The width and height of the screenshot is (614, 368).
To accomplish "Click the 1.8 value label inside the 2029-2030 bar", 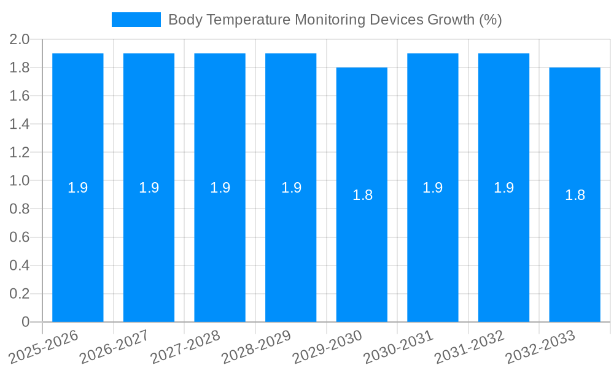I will (x=362, y=195).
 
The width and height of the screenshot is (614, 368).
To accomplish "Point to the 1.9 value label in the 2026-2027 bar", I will (x=149, y=188).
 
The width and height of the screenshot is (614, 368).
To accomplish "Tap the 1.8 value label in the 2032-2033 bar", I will (x=575, y=195).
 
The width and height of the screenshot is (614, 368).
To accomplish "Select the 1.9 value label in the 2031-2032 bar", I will (x=503, y=188).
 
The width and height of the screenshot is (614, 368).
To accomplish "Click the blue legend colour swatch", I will (x=136, y=20).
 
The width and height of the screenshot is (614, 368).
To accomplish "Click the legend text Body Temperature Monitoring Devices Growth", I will (x=335, y=20).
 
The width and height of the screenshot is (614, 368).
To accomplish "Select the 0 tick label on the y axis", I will (x=25, y=322).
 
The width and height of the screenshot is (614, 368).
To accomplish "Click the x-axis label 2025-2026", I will (x=44, y=346).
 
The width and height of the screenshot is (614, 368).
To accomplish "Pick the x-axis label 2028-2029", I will (x=257, y=346).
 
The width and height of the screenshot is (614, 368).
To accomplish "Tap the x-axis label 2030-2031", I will (x=399, y=346).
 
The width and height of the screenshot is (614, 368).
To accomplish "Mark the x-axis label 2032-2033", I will (x=541, y=346).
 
